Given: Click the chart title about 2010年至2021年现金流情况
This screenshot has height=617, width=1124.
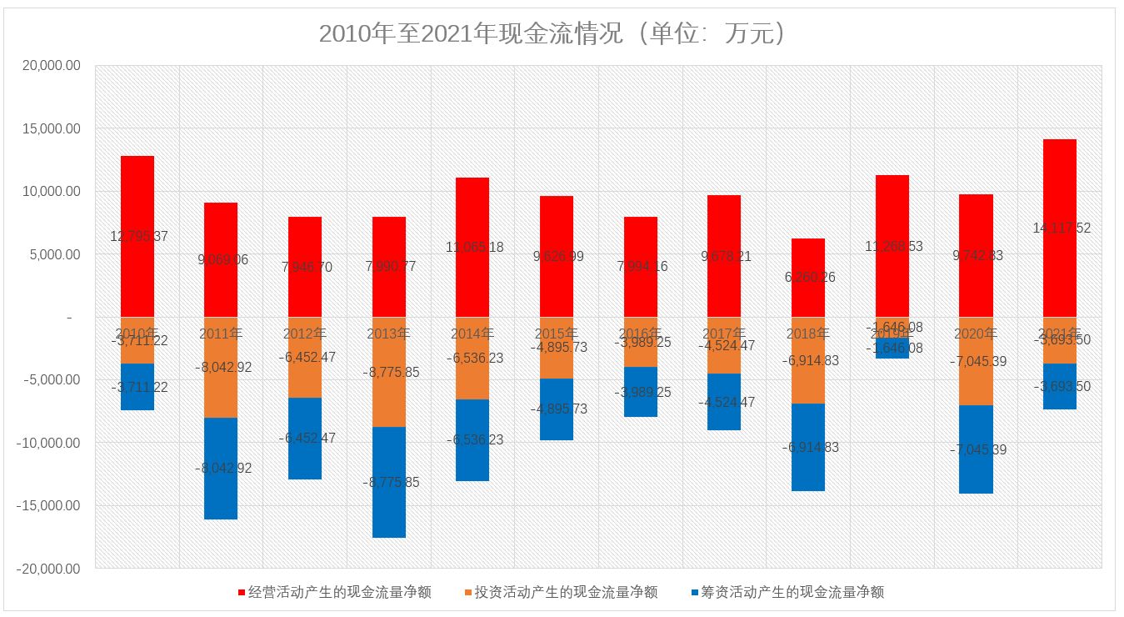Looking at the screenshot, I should (554, 34).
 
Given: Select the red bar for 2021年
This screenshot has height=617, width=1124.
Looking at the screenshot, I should (1059, 183).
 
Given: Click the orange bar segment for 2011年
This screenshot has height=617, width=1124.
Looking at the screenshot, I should (221, 392).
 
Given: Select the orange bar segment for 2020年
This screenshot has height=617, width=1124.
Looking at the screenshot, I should (976, 384).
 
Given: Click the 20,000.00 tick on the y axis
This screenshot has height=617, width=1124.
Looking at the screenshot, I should (48, 66).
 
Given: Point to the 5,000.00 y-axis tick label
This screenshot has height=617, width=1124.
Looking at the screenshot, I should (52, 254).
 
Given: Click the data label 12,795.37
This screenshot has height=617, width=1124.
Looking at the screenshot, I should (138, 237).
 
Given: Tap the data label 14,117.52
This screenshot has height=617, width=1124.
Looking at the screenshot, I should (1061, 228).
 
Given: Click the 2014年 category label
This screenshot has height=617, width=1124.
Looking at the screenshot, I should (472, 334).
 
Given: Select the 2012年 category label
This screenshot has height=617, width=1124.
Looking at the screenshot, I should (305, 334).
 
